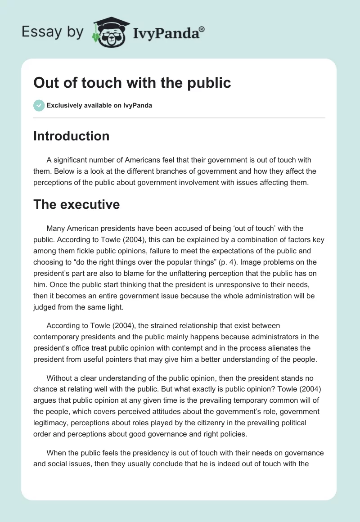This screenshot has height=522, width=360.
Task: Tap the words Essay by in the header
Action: pyautogui.click(x=53, y=31)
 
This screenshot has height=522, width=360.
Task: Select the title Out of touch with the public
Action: pyautogui.click(x=132, y=83)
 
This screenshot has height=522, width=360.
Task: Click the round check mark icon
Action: pyautogui.click(x=39, y=105)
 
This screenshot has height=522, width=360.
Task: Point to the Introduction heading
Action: pyautogui.click(x=71, y=136)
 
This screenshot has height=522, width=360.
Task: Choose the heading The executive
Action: pyautogui.click(x=76, y=204)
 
